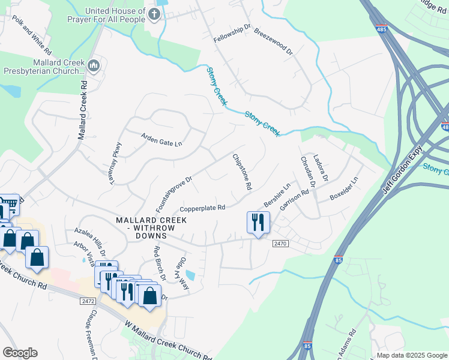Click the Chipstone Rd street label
point(242,172)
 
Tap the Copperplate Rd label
point(202,208)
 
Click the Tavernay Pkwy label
point(115,163)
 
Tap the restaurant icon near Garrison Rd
point(258,223)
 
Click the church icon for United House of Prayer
point(154,14)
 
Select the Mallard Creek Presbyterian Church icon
point(93,65)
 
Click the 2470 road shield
point(281,244)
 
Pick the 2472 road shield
point(88,300)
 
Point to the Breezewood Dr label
point(273,41)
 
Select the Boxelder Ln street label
point(344,189)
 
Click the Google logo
point(20,353)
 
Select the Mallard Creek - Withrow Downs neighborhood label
point(151,224)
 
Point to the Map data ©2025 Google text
point(411,355)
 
